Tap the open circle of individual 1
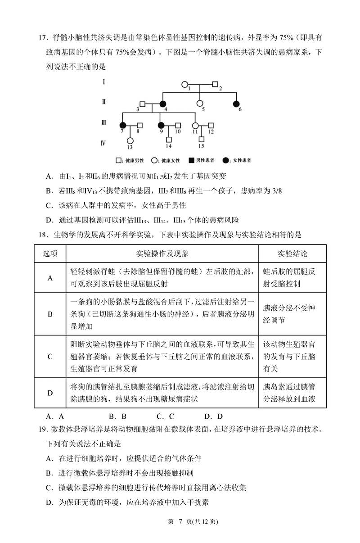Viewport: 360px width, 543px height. point(184,84)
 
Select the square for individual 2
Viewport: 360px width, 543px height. point(215,84)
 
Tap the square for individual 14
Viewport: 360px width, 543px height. point(169,140)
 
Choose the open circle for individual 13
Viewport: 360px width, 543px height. point(130,140)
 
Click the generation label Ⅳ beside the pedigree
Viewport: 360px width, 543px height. point(103,143)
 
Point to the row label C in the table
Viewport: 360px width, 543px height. point(50,357)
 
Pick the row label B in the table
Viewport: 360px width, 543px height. point(50,314)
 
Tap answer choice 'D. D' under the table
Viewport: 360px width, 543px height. point(213,416)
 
